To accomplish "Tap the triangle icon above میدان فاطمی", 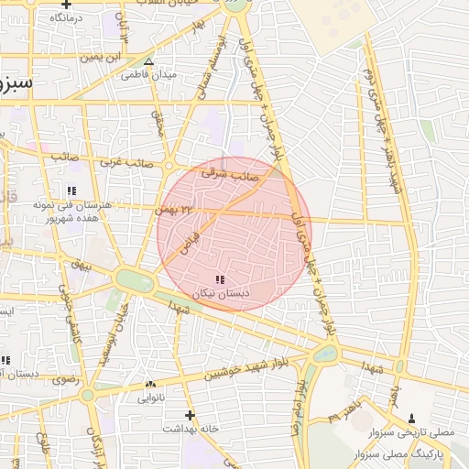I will [x=149, y=62].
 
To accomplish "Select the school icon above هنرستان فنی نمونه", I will [x=71, y=191].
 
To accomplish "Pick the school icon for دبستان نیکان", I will [x=219, y=278].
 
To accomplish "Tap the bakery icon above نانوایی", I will [x=150, y=385].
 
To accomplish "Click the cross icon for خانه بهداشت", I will [x=190, y=415].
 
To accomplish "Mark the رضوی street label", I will [x=66, y=378].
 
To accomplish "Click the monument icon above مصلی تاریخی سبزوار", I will [x=410, y=418].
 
